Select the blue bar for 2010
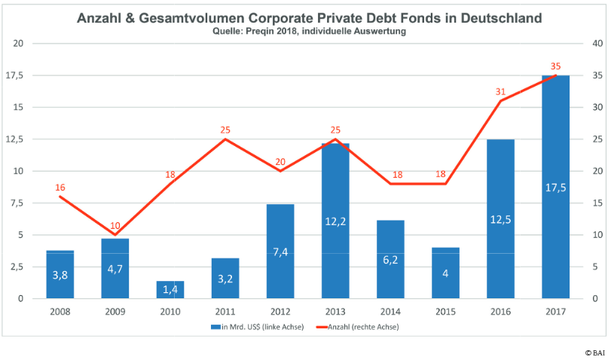click(170, 290)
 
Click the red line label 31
click(501, 92)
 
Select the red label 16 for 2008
click(61, 188)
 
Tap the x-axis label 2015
click(445, 310)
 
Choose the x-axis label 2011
click(225, 310)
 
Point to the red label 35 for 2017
click(556, 66)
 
